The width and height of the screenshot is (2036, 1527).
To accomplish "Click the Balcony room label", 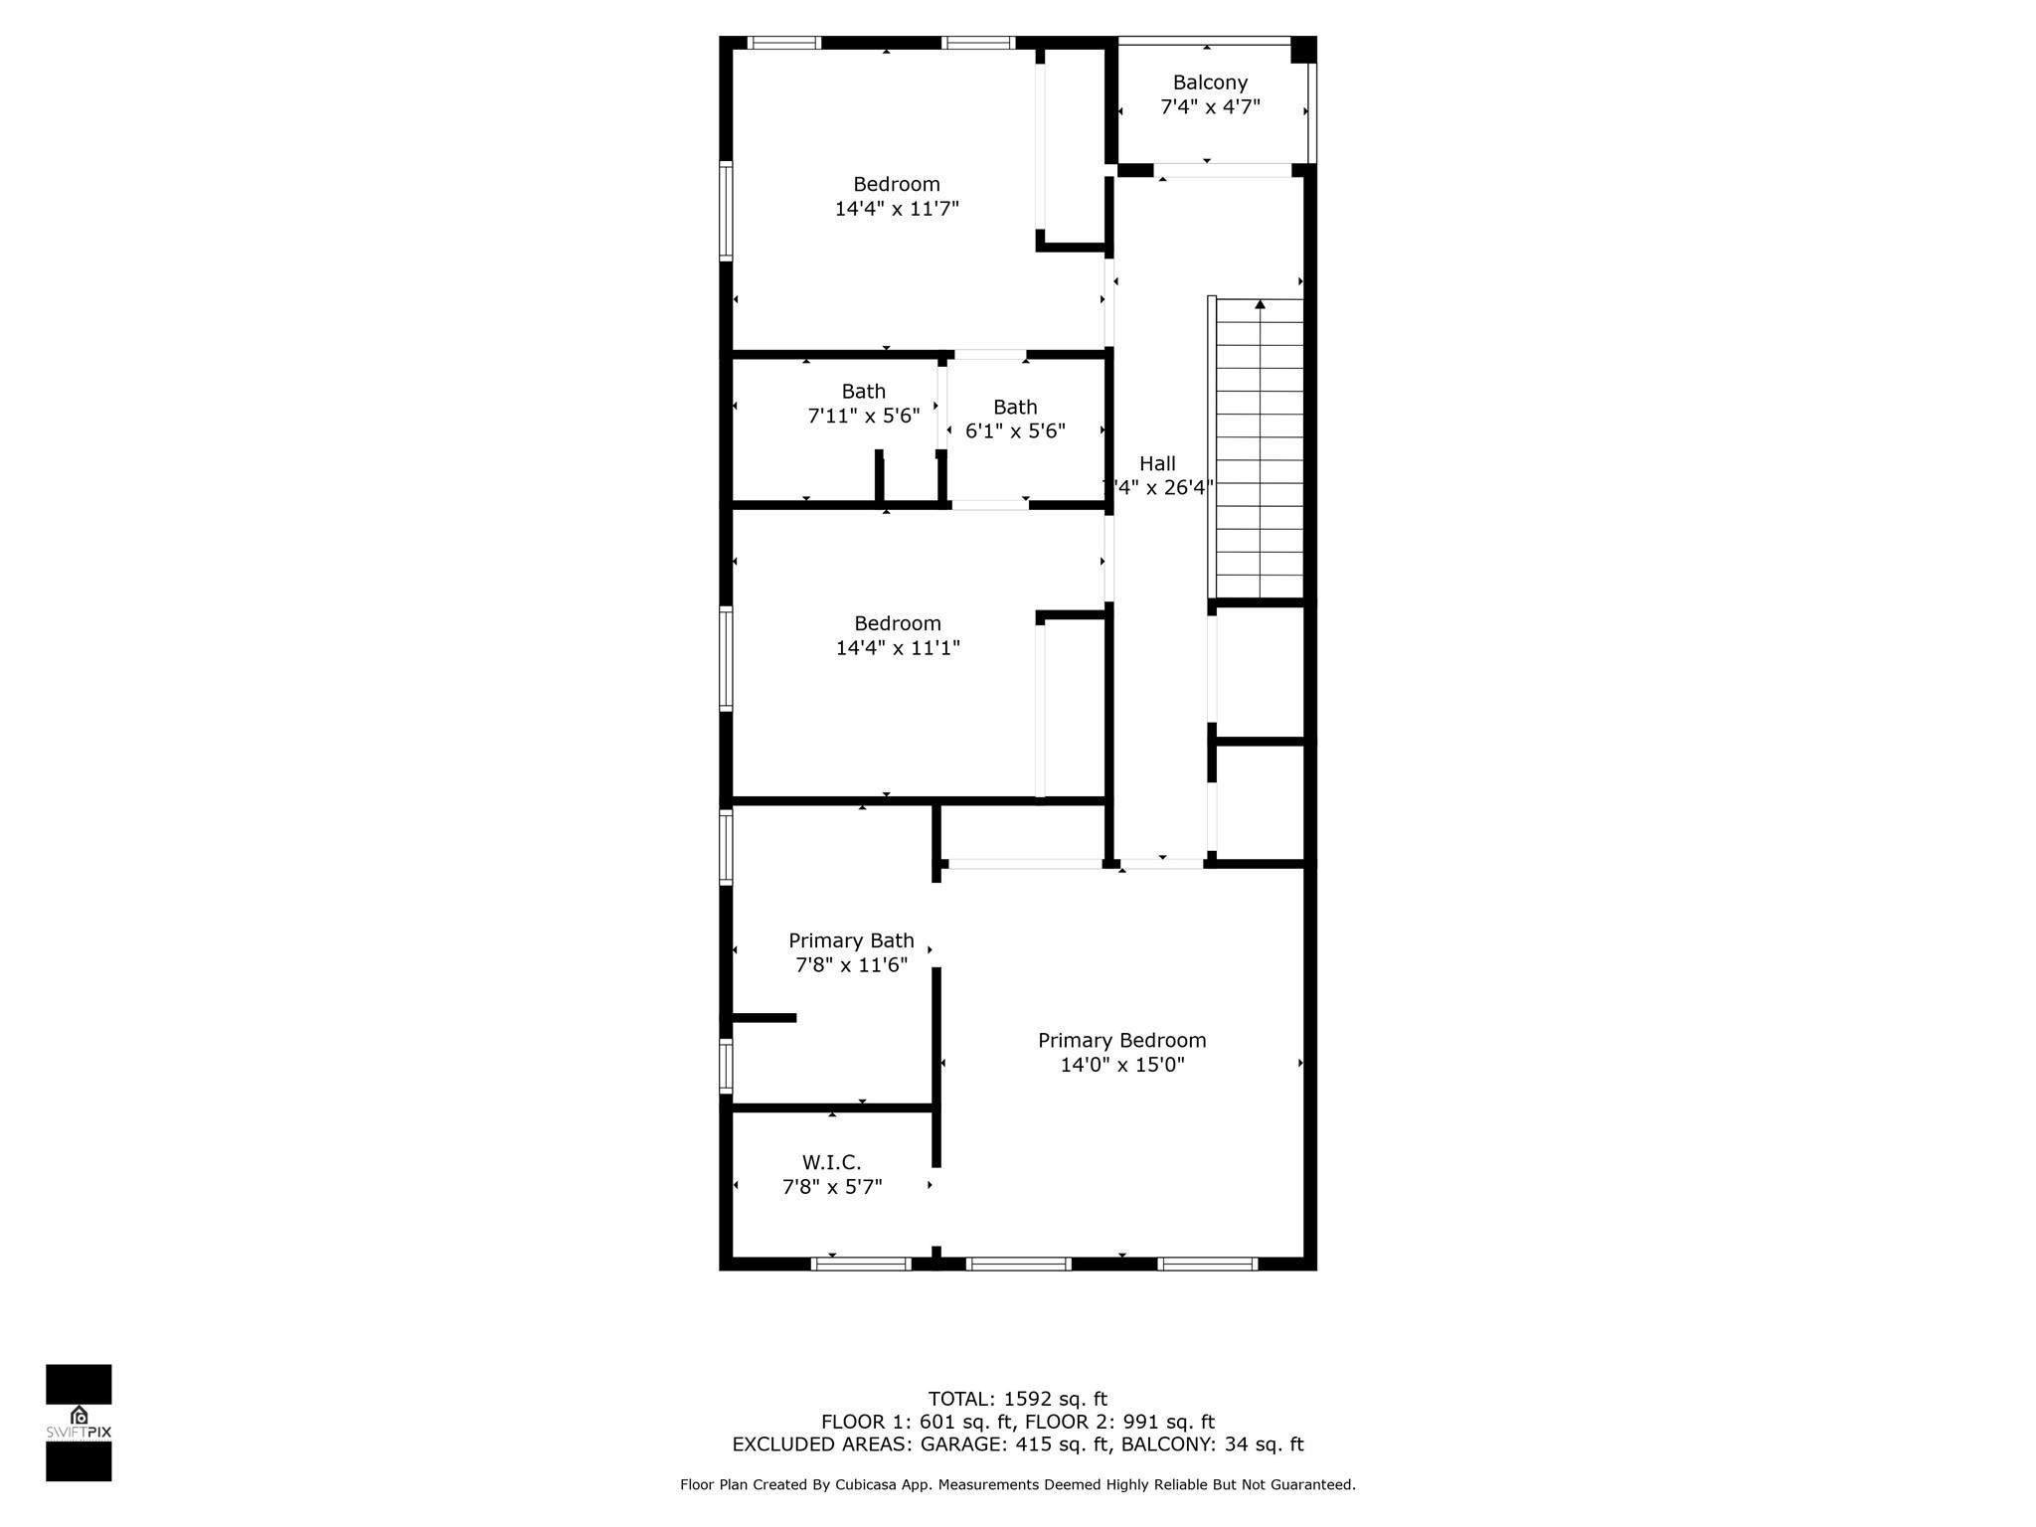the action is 1210,83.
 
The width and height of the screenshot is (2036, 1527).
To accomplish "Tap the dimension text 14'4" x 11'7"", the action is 897,209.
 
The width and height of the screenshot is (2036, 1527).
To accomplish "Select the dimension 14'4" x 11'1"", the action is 898,648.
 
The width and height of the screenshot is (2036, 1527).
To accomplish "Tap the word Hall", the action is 1157,463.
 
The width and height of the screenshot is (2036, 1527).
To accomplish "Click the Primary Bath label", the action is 851,940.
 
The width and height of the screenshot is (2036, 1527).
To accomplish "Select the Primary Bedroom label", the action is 1122,1040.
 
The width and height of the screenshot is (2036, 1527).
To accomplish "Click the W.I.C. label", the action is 832,1162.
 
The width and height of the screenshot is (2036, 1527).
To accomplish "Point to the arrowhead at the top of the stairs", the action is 1261,304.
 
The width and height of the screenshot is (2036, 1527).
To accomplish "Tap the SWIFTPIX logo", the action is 79,1422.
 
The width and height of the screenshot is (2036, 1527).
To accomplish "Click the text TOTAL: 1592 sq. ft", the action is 1018,1399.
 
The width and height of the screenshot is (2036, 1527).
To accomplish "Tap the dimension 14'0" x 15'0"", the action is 1122,1065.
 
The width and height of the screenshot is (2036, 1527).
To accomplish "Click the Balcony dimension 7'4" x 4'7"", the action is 1210,106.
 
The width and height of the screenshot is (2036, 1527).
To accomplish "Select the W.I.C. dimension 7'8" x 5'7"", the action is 832,1186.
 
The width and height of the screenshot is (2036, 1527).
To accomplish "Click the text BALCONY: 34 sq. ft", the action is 1213,1444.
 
